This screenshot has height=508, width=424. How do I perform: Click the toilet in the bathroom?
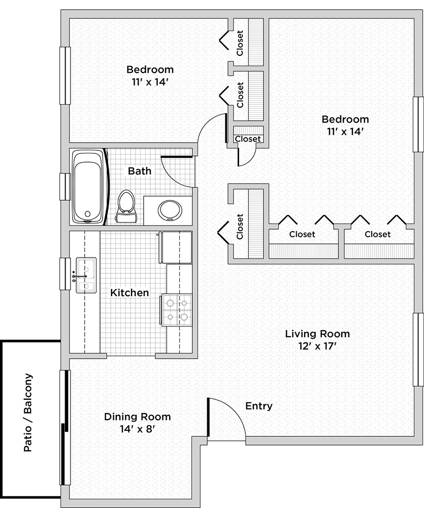(x=126, y=206)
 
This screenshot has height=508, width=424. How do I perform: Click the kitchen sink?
(x=86, y=275)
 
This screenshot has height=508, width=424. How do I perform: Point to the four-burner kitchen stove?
(x=176, y=310)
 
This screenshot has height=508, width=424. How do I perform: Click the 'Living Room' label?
(x=317, y=334)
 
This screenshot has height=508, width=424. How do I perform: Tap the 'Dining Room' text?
(x=137, y=417)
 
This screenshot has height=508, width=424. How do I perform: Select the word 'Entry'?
(x=259, y=406)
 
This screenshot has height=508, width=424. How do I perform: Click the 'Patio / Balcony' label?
(x=28, y=412)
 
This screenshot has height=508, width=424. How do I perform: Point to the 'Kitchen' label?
(x=129, y=293)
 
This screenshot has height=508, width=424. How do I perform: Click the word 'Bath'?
(x=140, y=171)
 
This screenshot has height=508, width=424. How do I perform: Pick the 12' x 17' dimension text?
(x=317, y=346)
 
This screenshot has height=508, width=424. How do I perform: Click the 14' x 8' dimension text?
(x=137, y=429)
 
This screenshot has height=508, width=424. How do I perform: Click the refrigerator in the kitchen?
(x=175, y=247)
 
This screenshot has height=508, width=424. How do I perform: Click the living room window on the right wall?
(x=418, y=350)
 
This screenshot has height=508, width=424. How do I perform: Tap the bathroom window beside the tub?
(x=65, y=186)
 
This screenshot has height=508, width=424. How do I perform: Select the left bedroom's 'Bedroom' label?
(x=150, y=69)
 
